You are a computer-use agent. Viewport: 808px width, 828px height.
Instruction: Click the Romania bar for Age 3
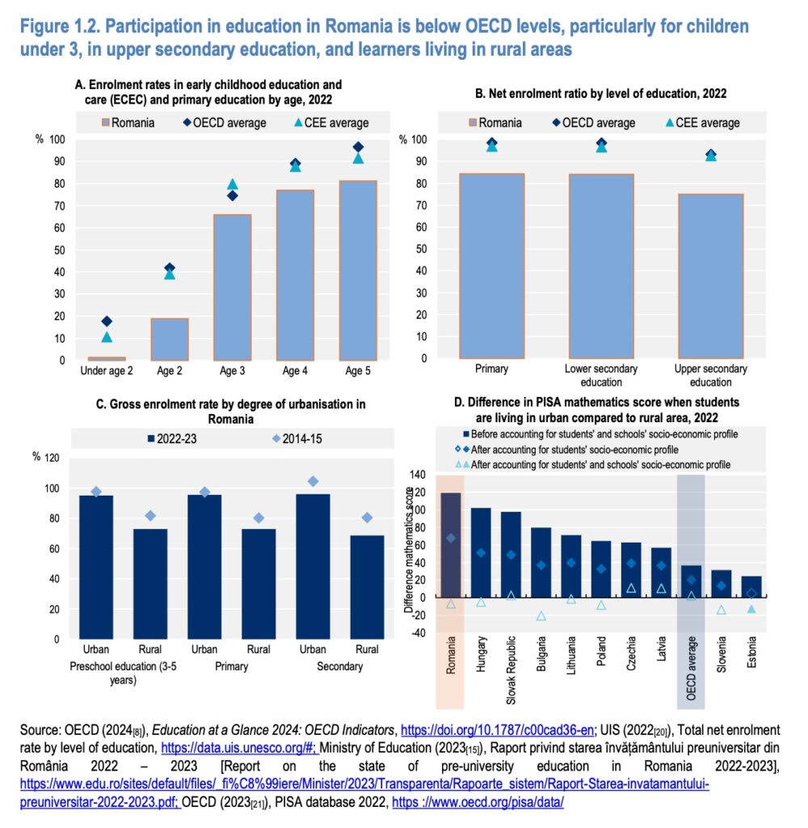[232, 287]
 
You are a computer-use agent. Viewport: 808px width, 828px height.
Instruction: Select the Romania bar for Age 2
[170, 339]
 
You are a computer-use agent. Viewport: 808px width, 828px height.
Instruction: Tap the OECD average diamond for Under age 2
[107, 321]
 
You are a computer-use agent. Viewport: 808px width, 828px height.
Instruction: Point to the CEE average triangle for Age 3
[233, 184]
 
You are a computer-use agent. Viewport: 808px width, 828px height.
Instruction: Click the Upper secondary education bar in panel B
[710, 275]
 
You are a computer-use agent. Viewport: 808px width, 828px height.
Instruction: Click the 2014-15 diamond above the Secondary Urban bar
[313, 481]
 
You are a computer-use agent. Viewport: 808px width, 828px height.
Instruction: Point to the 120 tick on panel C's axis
[50, 458]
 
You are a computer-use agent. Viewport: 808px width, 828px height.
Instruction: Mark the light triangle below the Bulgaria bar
[541, 616]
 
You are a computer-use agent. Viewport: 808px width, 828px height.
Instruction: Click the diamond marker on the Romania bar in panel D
[450, 538]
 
